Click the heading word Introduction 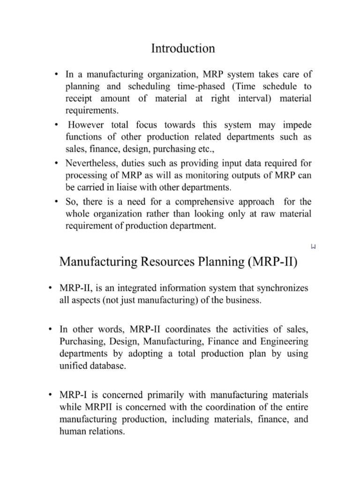[183, 48]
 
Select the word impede [296, 125]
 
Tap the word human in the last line [72, 432]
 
